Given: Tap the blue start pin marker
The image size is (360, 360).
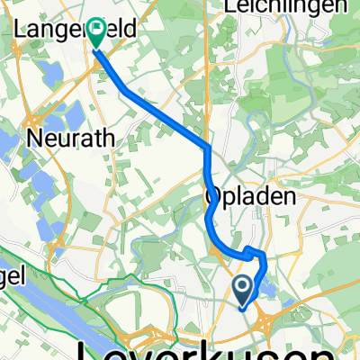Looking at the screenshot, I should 244,289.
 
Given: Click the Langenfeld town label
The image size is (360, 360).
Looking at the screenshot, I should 76,29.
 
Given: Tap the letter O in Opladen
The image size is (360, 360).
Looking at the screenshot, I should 213,197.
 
